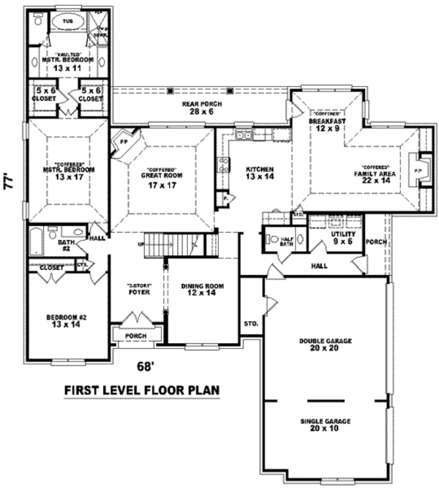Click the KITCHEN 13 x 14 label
(x=260, y=173)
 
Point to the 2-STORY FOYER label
(x=139, y=290)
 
